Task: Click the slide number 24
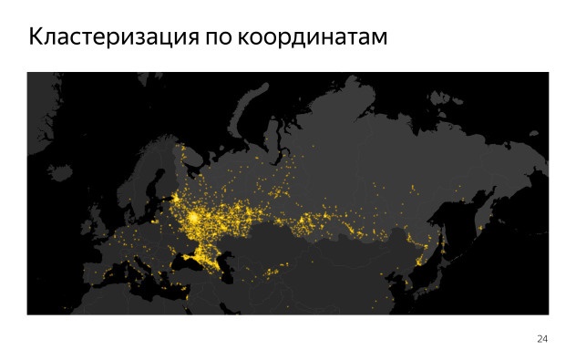pyautogui.click(x=542, y=339)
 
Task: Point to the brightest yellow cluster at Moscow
pyautogui.click(x=194, y=219)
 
